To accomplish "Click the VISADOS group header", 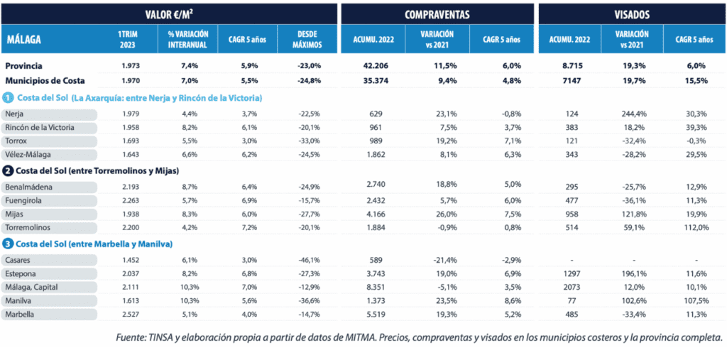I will click(x=631, y=13).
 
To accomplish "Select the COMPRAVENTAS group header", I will click(x=437, y=13).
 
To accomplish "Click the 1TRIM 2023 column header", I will click(x=129, y=39).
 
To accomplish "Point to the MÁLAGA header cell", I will click(x=23, y=39).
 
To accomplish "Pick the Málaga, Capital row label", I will click(x=31, y=288).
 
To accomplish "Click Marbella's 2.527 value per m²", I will click(x=130, y=314).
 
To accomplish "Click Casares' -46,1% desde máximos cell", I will click(x=307, y=261).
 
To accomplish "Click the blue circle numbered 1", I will click(x=9, y=97).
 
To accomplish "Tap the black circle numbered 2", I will click(x=9, y=170).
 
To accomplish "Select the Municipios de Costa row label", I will click(x=45, y=80).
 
